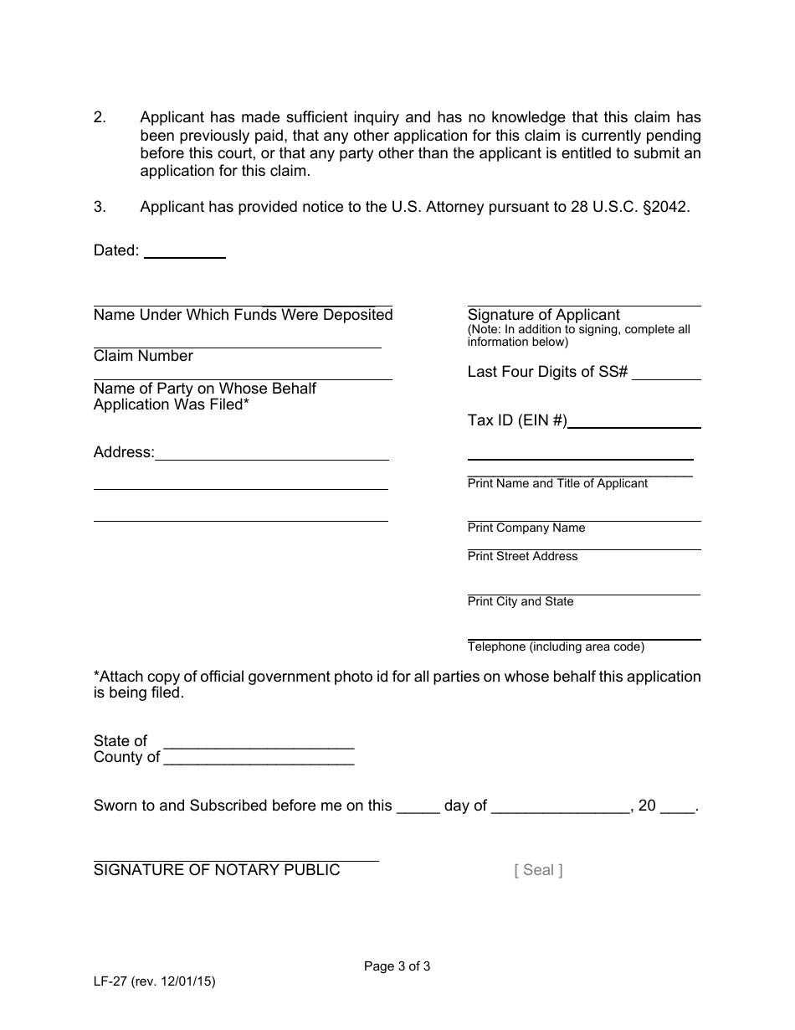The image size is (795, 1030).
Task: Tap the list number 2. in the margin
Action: point(100,118)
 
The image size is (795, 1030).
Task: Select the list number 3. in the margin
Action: point(100,207)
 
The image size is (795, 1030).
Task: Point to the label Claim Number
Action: point(143,356)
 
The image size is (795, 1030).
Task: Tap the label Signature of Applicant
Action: point(543,315)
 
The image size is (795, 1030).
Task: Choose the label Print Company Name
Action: point(526,528)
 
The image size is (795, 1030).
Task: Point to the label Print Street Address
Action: point(522,556)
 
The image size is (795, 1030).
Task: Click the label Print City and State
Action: point(521,601)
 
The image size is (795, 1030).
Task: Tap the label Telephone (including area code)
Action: point(556,646)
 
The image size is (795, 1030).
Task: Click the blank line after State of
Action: point(259,742)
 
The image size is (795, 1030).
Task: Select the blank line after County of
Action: point(259,759)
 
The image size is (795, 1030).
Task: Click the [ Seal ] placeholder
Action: point(538,870)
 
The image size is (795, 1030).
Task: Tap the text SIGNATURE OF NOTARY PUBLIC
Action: point(217,870)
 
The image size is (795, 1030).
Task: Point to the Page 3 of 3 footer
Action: point(397,966)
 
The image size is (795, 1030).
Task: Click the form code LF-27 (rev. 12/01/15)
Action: point(155,982)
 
